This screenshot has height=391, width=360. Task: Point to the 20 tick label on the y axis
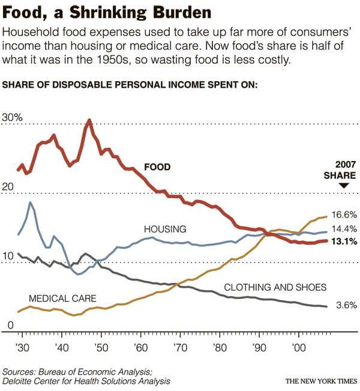coord(8,187)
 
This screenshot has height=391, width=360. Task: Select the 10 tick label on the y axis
coord(8,256)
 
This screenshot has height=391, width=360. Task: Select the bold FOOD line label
coord(157,167)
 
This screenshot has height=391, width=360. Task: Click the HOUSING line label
coord(165,229)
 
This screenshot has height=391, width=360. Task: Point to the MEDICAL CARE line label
coord(62,298)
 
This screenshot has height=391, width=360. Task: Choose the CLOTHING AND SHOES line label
coord(275,287)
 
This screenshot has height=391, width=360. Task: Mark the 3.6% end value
coord(346,306)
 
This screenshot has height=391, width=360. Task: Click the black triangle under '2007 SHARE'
coord(344,186)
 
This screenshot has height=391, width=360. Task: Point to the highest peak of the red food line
coord(89,120)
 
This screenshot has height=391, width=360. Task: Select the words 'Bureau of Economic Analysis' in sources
coord(92,371)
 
